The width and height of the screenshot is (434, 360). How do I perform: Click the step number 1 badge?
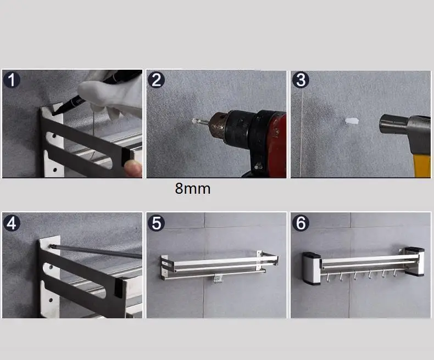point(12,80)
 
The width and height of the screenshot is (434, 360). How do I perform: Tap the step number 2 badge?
point(156,80)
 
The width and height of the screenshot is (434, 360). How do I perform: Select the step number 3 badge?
point(301,80)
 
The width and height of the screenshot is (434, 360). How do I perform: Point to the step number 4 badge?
point(12,223)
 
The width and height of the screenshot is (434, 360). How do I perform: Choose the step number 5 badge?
point(156,223)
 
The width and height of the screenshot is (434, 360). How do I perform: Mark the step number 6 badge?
point(301,223)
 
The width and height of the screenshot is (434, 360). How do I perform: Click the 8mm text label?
point(193,189)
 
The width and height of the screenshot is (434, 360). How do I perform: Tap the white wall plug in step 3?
point(352,121)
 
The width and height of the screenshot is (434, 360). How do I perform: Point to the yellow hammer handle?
point(422,165)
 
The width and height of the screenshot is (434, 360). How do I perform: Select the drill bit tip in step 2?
point(194,121)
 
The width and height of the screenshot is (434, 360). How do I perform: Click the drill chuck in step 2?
point(219,127)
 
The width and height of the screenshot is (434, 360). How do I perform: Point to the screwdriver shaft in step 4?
point(96,251)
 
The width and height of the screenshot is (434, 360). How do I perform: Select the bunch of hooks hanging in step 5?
point(219,279)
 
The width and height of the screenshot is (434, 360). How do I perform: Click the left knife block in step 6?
point(311,268)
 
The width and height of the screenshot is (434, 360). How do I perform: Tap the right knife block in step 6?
point(414,262)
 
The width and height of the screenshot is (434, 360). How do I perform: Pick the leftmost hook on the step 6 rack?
point(327,277)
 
